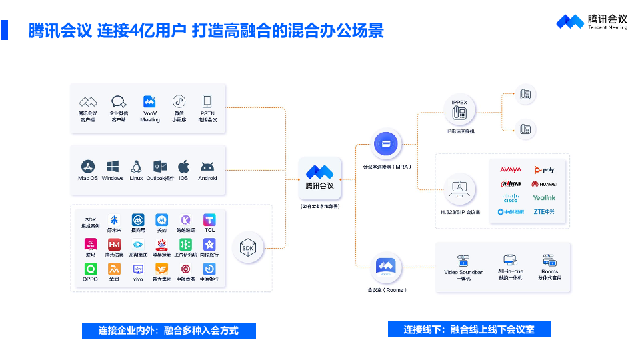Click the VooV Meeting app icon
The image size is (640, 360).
click(149, 101)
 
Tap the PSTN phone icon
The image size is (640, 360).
click(207, 101)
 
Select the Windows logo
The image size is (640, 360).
click(113, 167)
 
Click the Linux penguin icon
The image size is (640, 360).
click(136, 167)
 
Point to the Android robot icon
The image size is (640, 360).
click(207, 167)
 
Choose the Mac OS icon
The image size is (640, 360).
click(88, 167)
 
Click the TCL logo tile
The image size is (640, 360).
click(209, 219)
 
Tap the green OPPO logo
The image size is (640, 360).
click(90, 269)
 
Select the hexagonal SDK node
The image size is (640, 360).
click(248, 248)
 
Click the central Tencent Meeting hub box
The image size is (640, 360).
click(319, 178)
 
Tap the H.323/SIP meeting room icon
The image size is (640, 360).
click(459, 188)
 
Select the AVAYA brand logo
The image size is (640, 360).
click(511, 170)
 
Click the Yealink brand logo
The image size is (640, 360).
click(544, 198)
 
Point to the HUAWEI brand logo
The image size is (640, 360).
click(544, 184)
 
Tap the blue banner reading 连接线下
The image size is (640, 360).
click(469, 329)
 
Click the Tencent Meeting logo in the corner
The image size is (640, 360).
click(592, 21)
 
